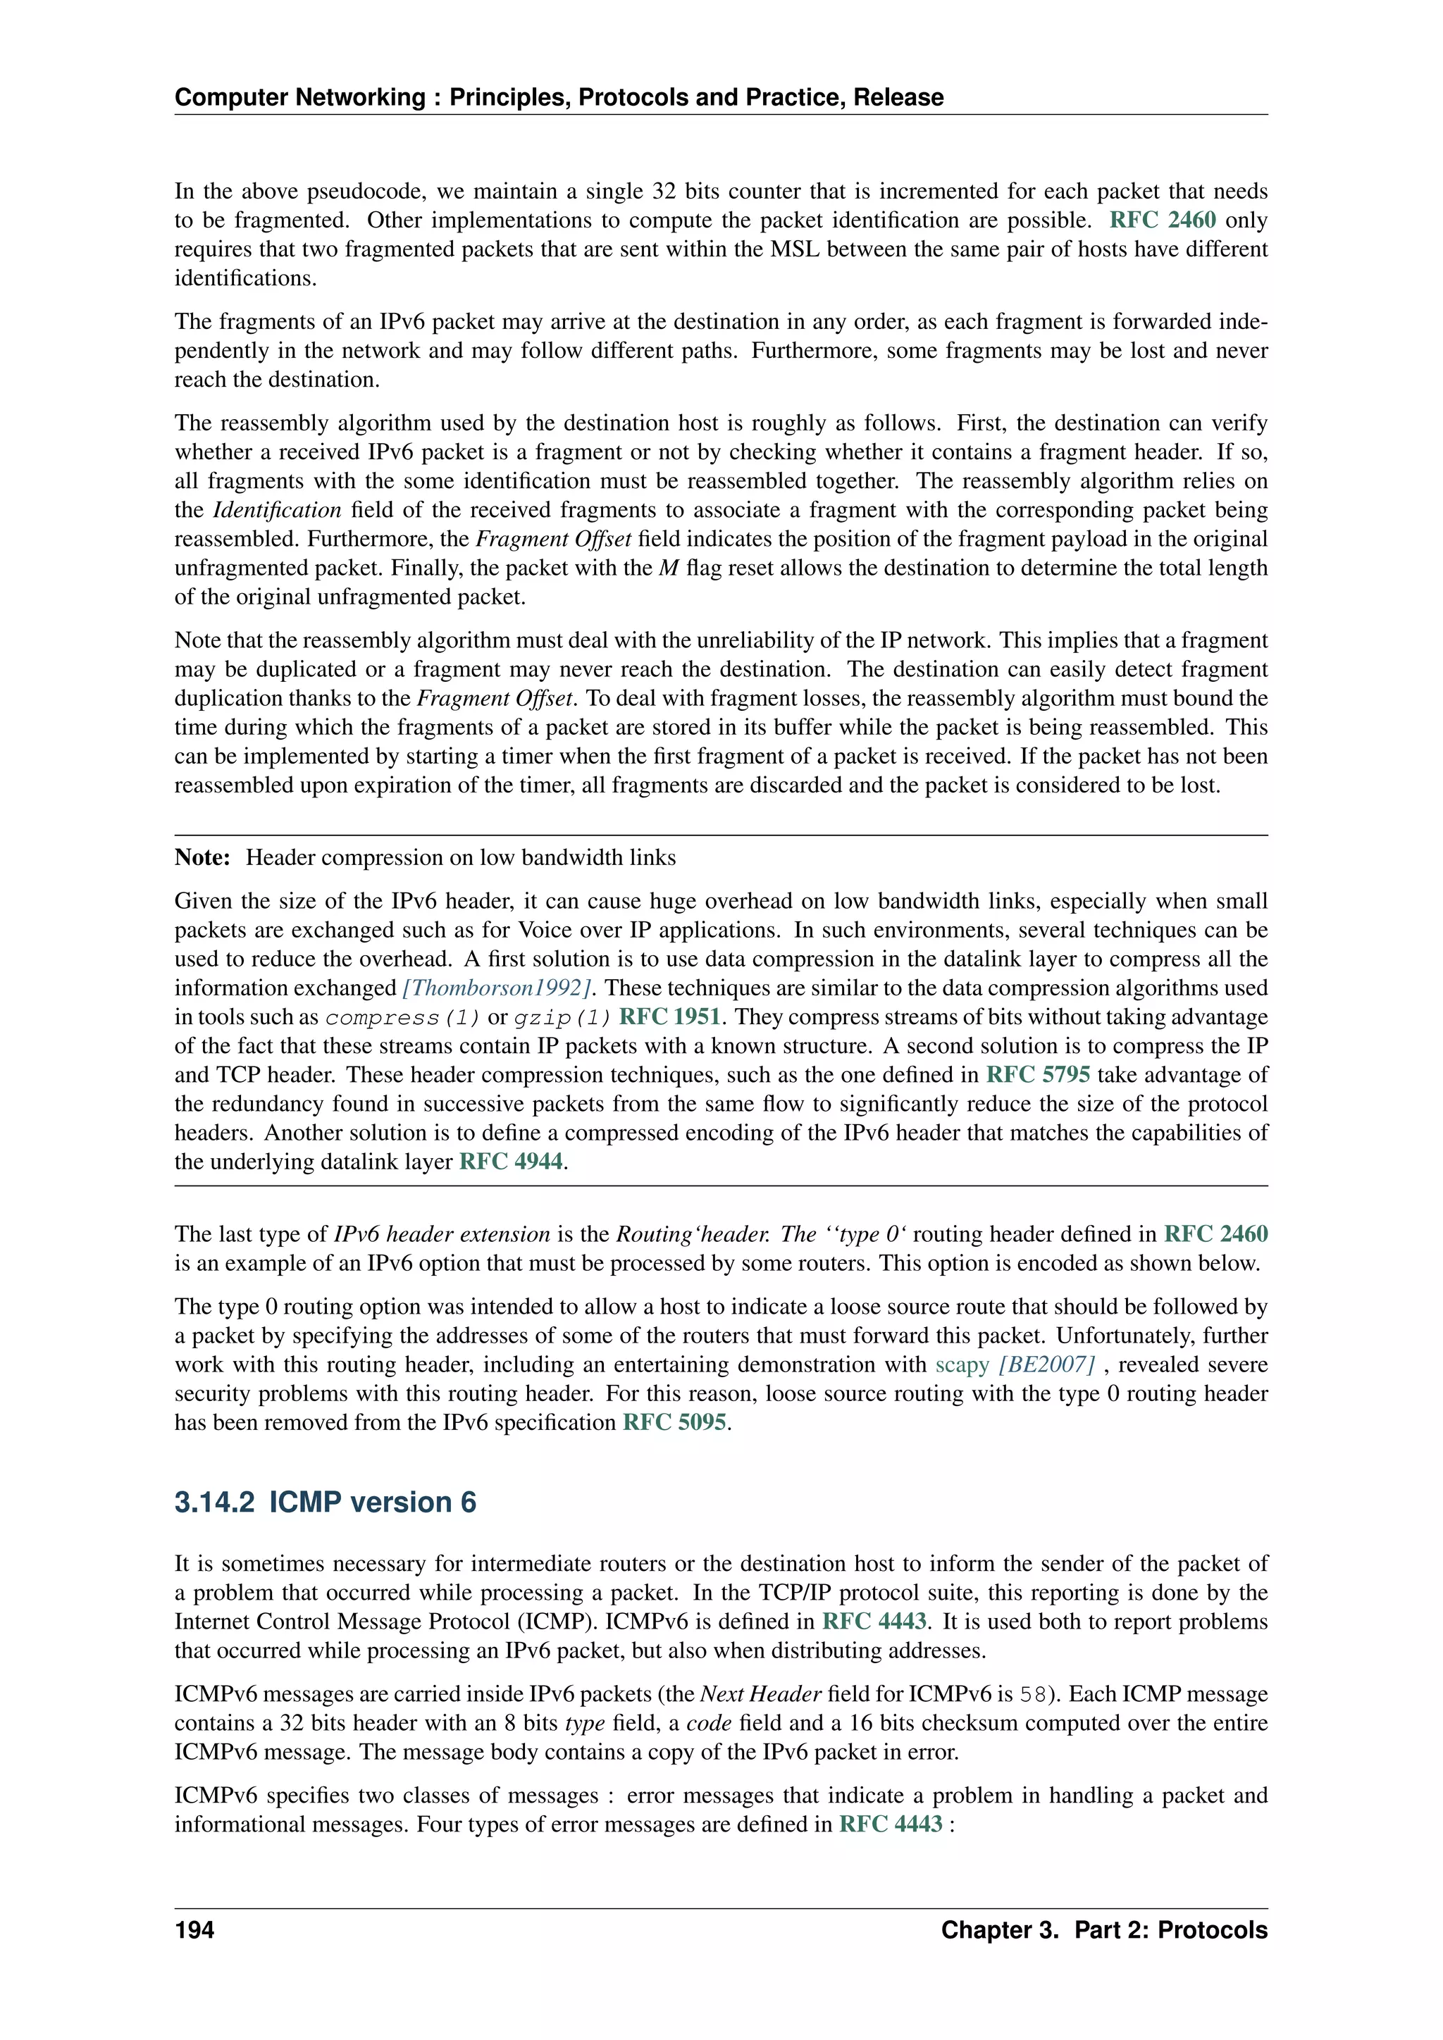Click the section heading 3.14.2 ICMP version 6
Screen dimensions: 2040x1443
pyautogui.click(x=326, y=1502)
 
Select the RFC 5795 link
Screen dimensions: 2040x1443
pyautogui.click(x=1037, y=1074)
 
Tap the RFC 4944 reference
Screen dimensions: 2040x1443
pyautogui.click(x=511, y=1162)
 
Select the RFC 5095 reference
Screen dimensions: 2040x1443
pyautogui.click(x=674, y=1422)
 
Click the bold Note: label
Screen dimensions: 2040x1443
pyautogui.click(x=203, y=857)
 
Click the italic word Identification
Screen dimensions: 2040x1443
pyautogui.click(x=276, y=510)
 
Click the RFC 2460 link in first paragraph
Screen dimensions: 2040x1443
pyautogui.click(x=1161, y=220)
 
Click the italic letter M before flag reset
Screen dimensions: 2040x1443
pyautogui.click(x=668, y=568)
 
